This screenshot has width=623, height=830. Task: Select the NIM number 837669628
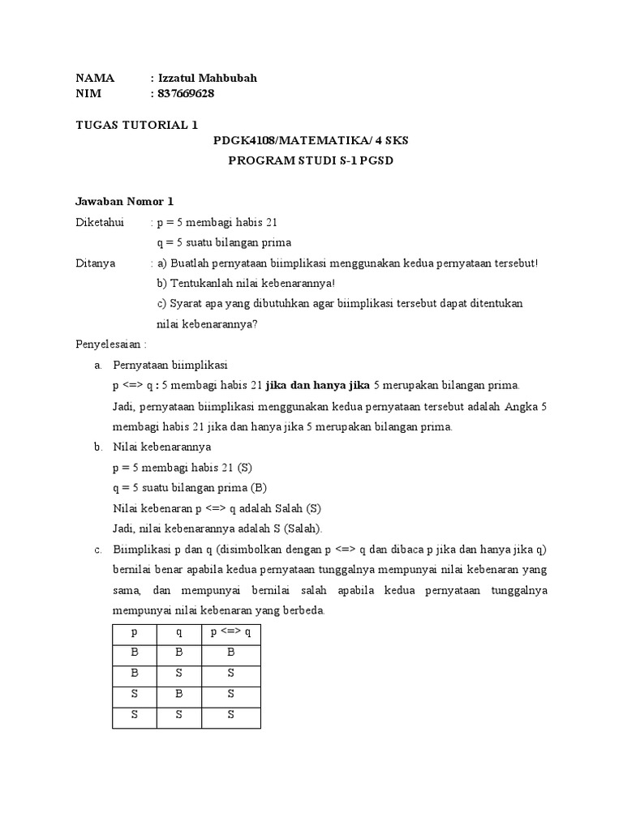pos(186,94)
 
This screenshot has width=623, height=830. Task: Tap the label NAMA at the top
pos(95,79)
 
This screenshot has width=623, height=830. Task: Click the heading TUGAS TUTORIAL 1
pos(136,125)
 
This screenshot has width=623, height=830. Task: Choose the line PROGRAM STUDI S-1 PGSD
pos(311,160)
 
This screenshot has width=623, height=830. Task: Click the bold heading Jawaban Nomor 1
pos(124,202)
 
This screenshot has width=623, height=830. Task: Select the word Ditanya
pos(96,263)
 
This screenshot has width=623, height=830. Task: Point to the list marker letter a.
pos(97,365)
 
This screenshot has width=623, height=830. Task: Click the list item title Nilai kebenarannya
pos(162,447)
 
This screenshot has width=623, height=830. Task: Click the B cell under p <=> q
pos(231,652)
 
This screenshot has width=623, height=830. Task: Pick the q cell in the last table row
pos(178,714)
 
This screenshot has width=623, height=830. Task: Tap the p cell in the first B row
pos(135,652)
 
